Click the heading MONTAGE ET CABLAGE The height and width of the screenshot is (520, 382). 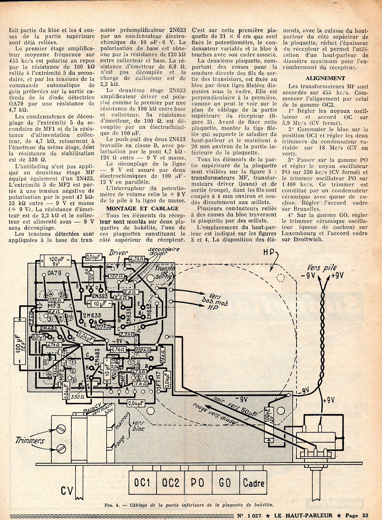[x=142, y=208]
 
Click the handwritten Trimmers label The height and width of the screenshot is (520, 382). [x=30, y=441]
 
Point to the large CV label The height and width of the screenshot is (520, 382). [x=68, y=491]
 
